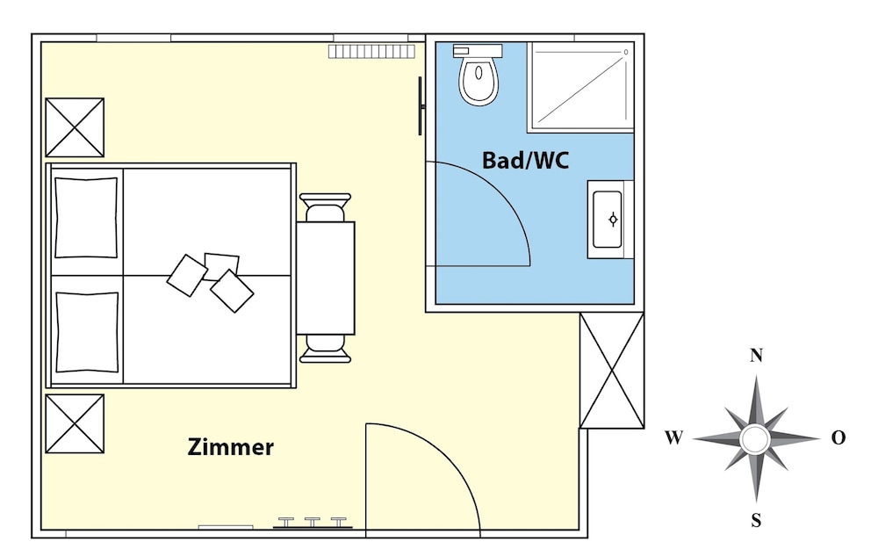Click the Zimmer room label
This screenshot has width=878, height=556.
230,447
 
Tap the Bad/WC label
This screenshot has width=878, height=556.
525,160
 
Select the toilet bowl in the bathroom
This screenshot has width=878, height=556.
479,81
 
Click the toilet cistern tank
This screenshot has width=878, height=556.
477,51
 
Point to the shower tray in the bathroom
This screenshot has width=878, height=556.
580,87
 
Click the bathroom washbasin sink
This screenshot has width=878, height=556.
609,219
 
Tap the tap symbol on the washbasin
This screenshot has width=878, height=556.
613,220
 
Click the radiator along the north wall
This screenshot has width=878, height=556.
371,52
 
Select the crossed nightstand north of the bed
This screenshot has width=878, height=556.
75,127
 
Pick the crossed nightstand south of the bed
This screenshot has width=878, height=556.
75,423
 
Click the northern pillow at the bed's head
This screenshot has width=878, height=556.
86,217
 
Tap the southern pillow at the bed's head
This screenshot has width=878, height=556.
87,331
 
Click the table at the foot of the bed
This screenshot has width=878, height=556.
326,278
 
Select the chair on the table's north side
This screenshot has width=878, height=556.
326,207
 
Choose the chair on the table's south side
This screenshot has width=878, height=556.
326,349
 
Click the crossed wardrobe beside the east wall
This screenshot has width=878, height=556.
611,370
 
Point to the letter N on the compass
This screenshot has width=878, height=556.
756,355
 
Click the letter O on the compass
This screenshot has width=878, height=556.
838,437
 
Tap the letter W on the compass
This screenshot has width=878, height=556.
674,437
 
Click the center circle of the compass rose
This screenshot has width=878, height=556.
754,439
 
